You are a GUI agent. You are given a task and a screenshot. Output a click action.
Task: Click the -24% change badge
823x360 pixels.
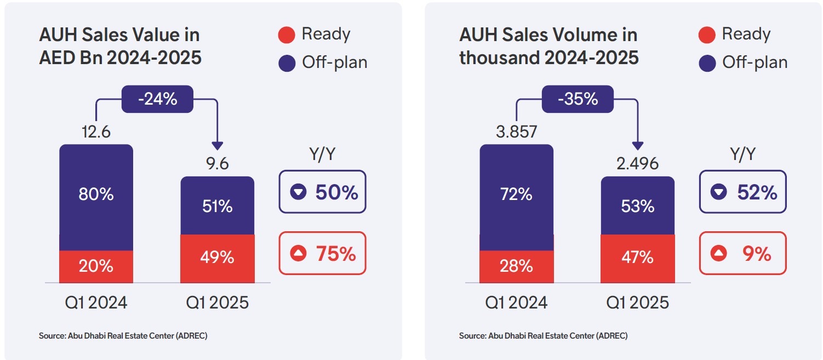[157, 99]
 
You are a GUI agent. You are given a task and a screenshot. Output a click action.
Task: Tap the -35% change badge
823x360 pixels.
[578, 99]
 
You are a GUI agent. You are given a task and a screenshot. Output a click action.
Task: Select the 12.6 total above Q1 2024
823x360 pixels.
[96, 132]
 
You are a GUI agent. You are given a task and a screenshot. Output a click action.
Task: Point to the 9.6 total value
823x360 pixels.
[218, 164]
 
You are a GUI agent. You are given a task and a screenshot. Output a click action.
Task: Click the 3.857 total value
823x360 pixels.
[516, 132]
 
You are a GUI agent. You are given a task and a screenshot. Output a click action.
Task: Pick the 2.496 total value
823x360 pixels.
[637, 164]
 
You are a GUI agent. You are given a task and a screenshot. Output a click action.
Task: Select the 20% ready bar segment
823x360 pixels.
[96, 266]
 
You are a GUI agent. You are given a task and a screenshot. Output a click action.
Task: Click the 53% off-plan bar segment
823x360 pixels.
[637, 205]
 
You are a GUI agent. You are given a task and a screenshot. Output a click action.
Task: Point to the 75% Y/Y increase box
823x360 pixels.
[322, 253]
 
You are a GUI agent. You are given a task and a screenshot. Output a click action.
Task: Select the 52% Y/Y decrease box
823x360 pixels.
[742, 192]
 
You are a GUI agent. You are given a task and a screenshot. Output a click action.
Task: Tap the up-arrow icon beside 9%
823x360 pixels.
[718, 254]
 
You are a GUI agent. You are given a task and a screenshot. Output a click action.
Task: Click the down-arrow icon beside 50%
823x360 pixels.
[298, 192]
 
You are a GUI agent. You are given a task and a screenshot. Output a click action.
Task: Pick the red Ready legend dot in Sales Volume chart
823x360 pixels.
[707, 36]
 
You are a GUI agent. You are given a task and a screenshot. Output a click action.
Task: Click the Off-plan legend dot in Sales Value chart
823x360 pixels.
[287, 63]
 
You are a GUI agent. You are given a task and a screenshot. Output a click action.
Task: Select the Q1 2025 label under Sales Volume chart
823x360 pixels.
[637, 302]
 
